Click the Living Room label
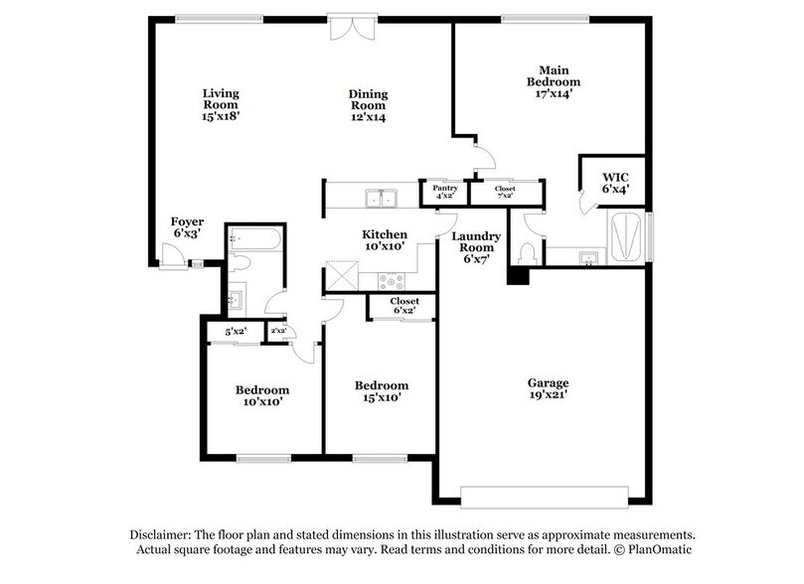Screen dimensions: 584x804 [221, 104]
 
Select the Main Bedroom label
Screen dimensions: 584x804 [553, 80]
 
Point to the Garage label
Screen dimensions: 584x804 [548, 389]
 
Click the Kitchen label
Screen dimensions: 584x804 [383, 240]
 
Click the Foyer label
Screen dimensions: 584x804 [188, 227]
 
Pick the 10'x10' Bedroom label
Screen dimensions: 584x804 [262, 395]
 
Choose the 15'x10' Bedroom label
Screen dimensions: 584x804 [382, 391]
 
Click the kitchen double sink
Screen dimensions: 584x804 [384, 197]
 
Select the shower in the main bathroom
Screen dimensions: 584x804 [626, 235]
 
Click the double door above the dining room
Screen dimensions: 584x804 [352, 24]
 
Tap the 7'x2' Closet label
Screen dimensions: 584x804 [505, 191]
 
